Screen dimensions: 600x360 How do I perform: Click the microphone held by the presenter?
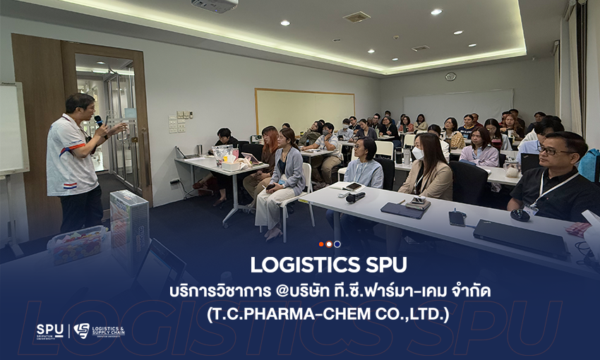coord(99,121)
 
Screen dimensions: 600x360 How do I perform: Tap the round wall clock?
coord(450,76)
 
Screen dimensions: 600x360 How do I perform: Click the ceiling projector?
coord(215,5)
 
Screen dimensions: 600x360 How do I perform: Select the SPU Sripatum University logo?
coord(50,331)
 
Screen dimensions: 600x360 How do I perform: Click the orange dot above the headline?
coord(321,244)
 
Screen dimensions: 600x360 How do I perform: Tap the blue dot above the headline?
coord(337,244)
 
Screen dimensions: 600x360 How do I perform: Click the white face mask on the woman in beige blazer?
coord(418,153)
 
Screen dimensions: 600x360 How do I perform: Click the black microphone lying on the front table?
coord(356,197)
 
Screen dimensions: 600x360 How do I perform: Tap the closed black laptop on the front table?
coord(521,239)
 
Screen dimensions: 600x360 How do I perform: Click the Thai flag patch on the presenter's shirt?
coord(71,186)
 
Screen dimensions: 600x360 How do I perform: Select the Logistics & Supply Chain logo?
coord(99,331)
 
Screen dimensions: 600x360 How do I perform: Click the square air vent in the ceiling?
coord(356,17)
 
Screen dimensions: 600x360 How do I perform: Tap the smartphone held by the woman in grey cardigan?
coord(270,186)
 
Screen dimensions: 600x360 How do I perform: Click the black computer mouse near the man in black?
coord(520,215)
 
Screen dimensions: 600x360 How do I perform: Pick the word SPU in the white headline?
coord(386,265)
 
